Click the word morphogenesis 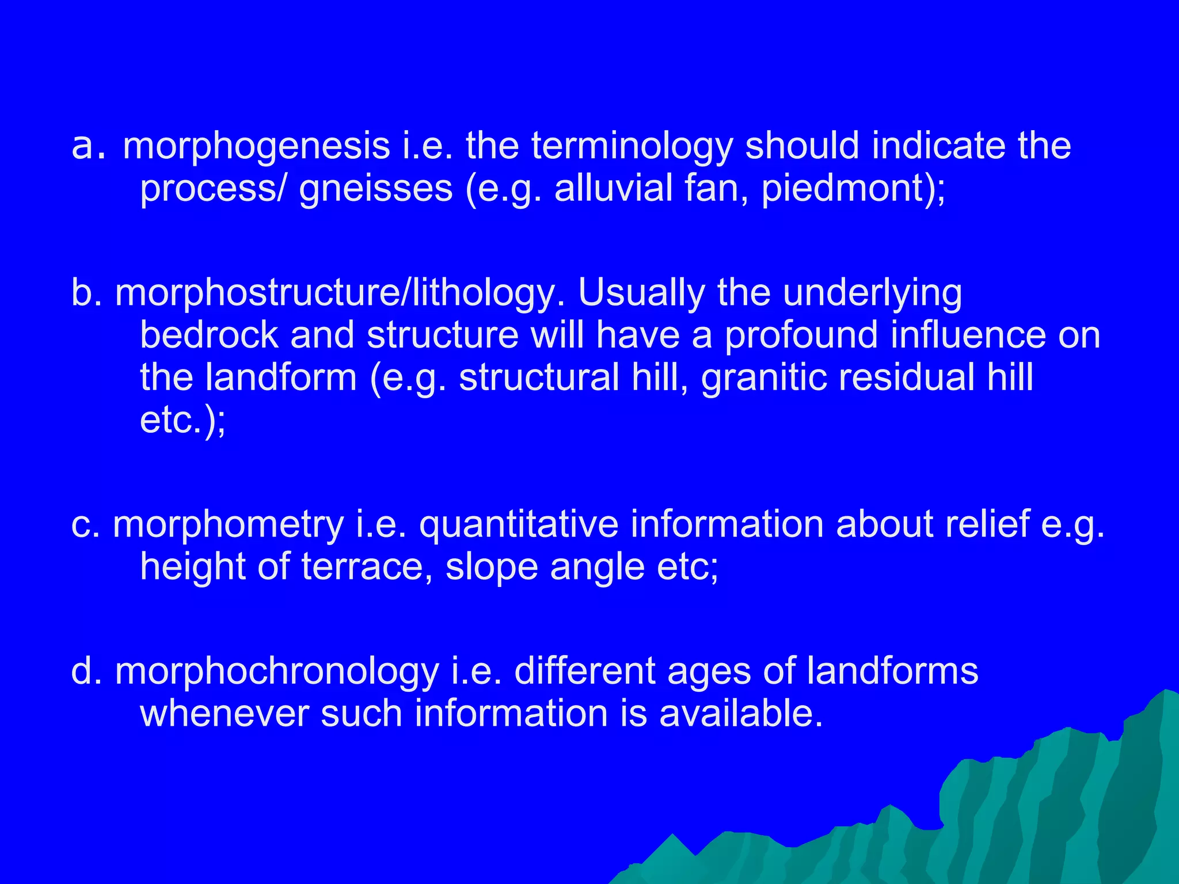(256, 147)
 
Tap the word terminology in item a (632, 147)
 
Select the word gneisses (375, 189)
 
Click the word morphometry (228, 525)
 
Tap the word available (740, 714)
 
